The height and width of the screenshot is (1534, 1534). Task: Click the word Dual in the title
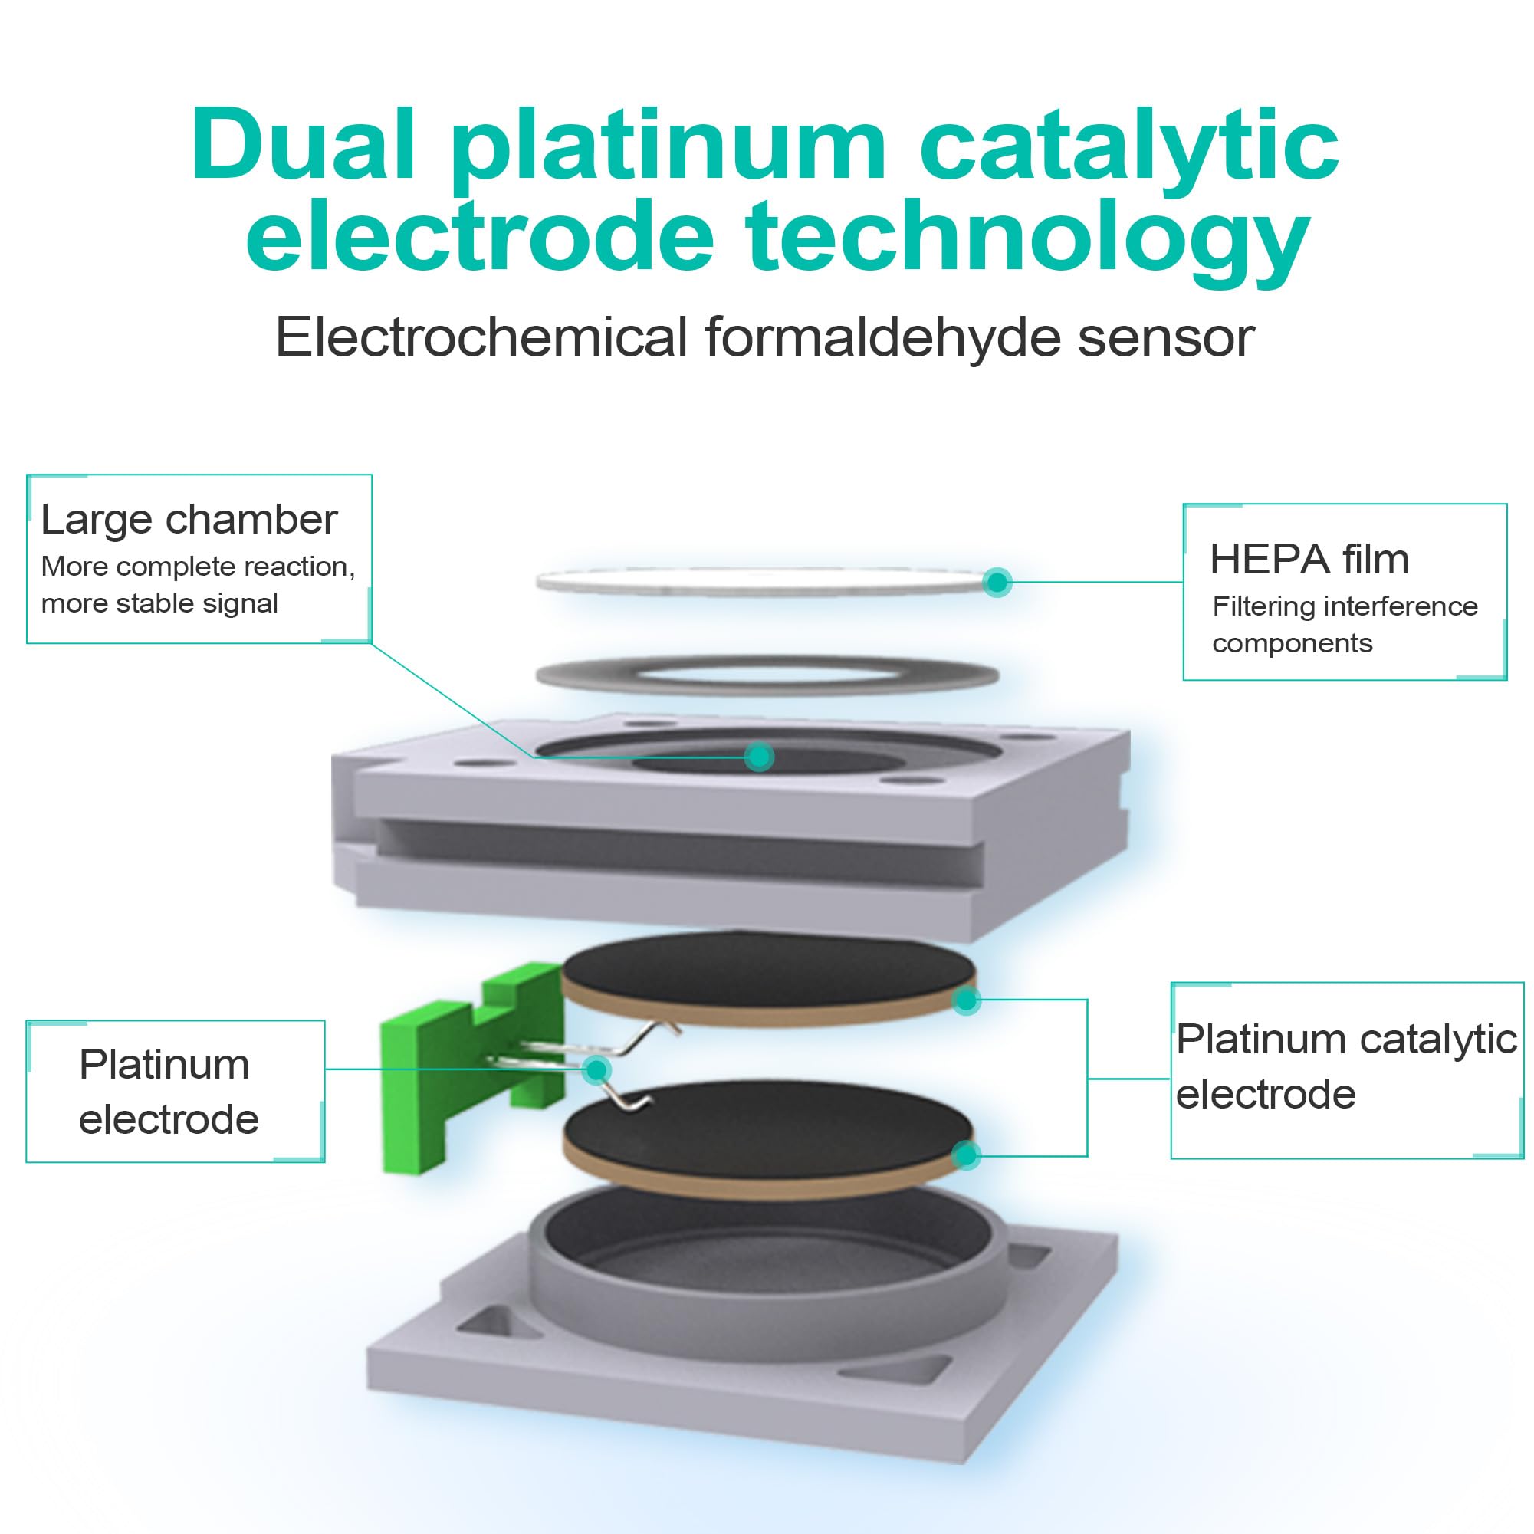tap(304, 147)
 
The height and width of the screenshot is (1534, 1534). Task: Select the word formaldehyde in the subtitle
tap(882, 337)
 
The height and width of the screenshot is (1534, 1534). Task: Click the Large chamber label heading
tap(189, 520)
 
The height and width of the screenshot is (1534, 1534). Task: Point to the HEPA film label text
tap(1309, 559)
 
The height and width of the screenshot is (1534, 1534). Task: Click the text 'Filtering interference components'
tap(1344, 624)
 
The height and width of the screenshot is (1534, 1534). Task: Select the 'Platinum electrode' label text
tap(168, 1092)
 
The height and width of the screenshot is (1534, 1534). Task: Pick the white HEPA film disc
tap(762, 582)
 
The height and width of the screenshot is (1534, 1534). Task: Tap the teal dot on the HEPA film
tap(997, 582)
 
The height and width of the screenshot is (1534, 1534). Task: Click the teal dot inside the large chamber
tap(760, 756)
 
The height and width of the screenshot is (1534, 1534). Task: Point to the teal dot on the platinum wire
tap(596, 1069)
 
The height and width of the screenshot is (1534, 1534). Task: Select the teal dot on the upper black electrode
tap(965, 1000)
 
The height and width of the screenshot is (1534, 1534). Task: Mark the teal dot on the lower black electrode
tap(965, 1155)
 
